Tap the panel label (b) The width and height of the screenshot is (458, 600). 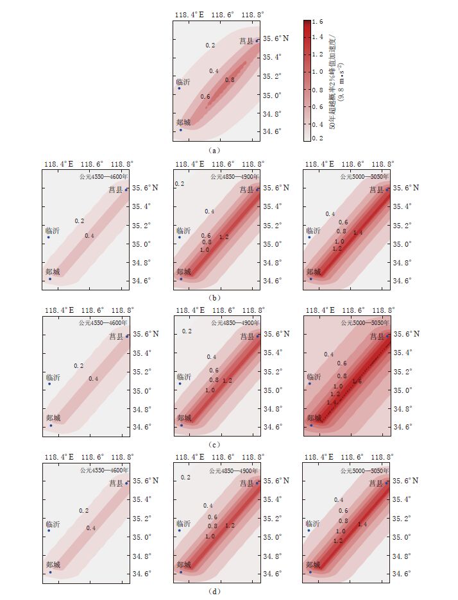[215, 297]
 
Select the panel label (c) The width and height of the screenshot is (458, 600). [215, 444]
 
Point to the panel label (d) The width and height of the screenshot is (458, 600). [215, 591]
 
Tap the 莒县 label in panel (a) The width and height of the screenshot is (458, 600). [246, 41]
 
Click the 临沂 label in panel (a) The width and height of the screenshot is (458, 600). [183, 82]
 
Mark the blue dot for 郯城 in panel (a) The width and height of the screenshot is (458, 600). [180, 130]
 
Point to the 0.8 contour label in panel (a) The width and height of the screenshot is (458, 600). [230, 80]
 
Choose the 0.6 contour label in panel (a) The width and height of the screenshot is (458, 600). [205, 97]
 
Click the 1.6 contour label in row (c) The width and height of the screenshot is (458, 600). [357, 381]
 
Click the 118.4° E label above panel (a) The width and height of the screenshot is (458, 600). [190, 14]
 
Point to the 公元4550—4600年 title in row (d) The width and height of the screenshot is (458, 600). [103, 470]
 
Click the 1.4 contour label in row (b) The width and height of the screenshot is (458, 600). [358, 233]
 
